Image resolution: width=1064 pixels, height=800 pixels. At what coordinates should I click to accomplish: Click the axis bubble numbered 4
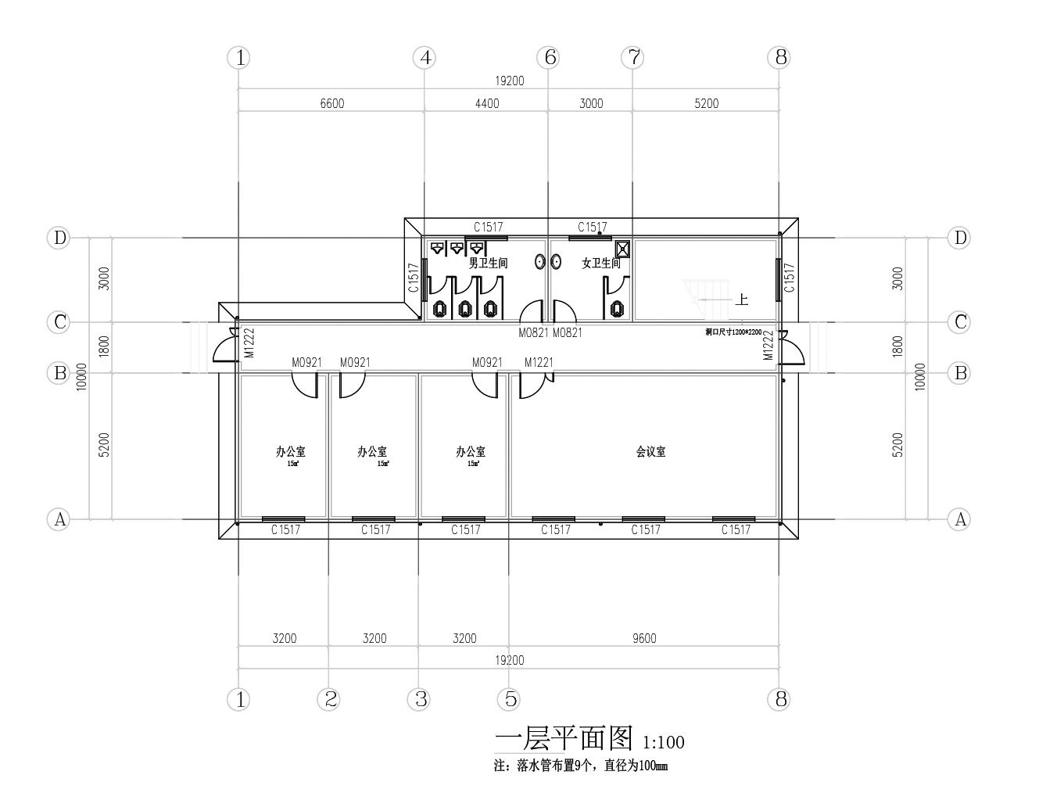pos(425,57)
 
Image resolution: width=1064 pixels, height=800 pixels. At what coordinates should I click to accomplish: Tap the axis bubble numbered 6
pos(550,57)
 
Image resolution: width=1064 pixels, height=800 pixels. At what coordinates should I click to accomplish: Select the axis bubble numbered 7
pos(633,57)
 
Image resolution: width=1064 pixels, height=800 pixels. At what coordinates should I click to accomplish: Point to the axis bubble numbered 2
pos(331,699)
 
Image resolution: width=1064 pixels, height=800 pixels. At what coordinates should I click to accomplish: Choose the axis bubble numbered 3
pos(421,699)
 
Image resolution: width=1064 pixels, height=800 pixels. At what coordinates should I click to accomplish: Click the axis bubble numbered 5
pos(511,699)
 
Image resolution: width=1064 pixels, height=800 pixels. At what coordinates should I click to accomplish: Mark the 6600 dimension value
pos(331,103)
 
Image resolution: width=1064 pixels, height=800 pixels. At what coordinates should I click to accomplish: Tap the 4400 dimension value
pos(487,103)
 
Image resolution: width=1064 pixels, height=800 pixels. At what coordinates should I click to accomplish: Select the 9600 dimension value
pos(644,638)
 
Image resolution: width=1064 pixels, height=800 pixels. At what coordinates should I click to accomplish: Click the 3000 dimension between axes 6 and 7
pos(591,103)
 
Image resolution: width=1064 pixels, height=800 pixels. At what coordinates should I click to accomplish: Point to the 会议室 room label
pos(650,452)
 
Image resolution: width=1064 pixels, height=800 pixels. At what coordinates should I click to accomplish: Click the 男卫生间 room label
pos(489,264)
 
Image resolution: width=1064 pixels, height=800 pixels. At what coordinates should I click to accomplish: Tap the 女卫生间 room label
pos(600,264)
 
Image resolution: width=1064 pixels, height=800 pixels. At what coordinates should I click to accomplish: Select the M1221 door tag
pos(539,362)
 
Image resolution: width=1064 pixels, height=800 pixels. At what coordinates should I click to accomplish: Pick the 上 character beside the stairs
pos(741,300)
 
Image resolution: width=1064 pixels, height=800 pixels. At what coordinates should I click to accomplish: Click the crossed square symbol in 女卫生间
pos(622,249)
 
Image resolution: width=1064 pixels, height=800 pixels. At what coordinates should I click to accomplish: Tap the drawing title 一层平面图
pos(564,738)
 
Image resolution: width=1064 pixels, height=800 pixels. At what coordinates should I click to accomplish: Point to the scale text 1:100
pos(663,742)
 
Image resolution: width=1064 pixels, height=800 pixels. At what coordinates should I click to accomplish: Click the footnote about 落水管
pos(580,766)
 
